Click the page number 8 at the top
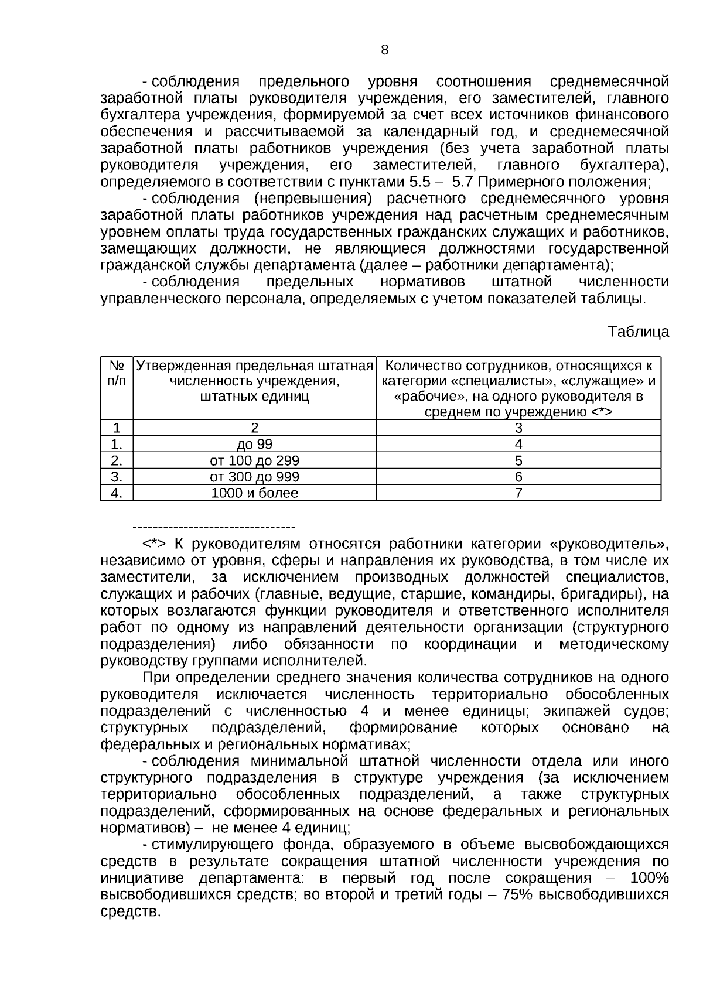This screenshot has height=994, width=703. pos(384,50)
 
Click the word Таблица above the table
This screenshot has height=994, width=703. pos(639,332)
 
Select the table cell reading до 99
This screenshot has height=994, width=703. pos(254,445)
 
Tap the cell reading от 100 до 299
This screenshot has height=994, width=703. pos(254,461)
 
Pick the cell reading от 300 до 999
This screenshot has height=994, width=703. pos(254,477)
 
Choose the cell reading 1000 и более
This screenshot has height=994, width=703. pos(254,494)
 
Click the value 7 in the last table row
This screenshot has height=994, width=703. pos(518,494)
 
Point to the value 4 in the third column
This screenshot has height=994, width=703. pos(518,445)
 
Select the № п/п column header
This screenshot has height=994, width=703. pos(117,373)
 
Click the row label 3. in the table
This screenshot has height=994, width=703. pos(117,477)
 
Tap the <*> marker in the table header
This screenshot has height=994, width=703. pos(600,412)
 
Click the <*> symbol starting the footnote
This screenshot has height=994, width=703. pos(154,544)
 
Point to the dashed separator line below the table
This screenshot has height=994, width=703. pos(214,528)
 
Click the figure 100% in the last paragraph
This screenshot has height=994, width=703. pos(649,879)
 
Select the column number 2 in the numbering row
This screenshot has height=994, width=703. pos(254,428)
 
